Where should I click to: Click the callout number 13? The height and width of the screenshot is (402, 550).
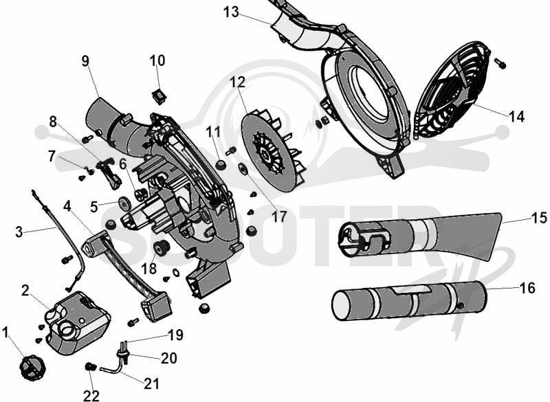click(x=231, y=12)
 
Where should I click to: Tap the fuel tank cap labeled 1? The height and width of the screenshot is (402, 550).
click(x=32, y=368)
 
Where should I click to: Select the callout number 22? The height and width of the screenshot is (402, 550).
click(x=91, y=396)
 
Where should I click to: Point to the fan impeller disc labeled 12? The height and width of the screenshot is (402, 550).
click(x=272, y=150)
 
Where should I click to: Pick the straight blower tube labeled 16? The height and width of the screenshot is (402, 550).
click(x=409, y=301)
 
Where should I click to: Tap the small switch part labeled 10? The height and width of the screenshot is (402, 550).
click(x=159, y=96)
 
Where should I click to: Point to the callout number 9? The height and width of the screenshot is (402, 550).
click(x=85, y=61)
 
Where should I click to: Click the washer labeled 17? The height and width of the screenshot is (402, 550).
click(x=243, y=169)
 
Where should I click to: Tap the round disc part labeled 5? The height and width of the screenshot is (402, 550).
click(x=124, y=203)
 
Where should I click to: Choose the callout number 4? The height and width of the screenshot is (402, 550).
click(x=67, y=206)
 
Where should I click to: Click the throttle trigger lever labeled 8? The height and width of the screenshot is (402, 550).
click(x=110, y=172)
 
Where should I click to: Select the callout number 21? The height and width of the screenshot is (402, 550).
click(x=151, y=383)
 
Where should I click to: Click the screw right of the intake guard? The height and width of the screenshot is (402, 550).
click(x=500, y=63)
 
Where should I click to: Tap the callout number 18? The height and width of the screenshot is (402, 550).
click(x=149, y=269)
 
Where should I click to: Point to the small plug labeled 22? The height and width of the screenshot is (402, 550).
click(x=90, y=367)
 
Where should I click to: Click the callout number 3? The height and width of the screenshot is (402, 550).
click(x=19, y=232)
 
